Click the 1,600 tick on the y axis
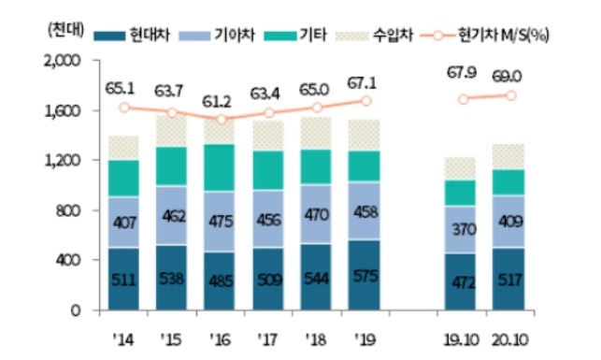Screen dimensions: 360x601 point(61,111)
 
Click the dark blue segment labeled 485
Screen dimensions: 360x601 point(222,280)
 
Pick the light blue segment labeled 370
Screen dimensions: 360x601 point(461,228)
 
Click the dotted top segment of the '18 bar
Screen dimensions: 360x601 point(319,133)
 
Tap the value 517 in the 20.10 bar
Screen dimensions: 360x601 point(510,280)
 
